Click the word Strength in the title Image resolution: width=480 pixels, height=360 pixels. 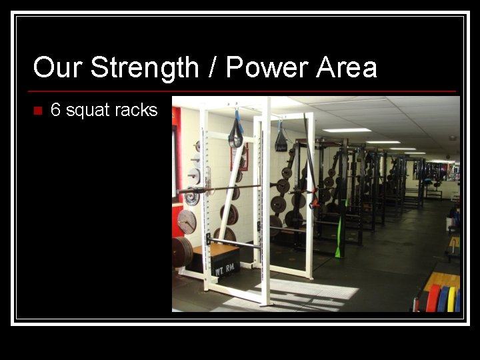(x=144, y=68)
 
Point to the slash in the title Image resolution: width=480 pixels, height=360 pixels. (x=212, y=68)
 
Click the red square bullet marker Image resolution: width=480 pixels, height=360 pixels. (x=37, y=110)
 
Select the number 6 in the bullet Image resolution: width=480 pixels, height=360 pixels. (x=55, y=110)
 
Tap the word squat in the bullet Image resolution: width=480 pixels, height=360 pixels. (x=86, y=111)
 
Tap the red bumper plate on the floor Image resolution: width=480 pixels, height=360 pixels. (x=433, y=298)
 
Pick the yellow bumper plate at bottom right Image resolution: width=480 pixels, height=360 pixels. (x=451, y=299)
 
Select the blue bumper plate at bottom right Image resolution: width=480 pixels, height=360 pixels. (x=443, y=299)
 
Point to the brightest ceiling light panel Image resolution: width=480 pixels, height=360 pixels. (x=347, y=130)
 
